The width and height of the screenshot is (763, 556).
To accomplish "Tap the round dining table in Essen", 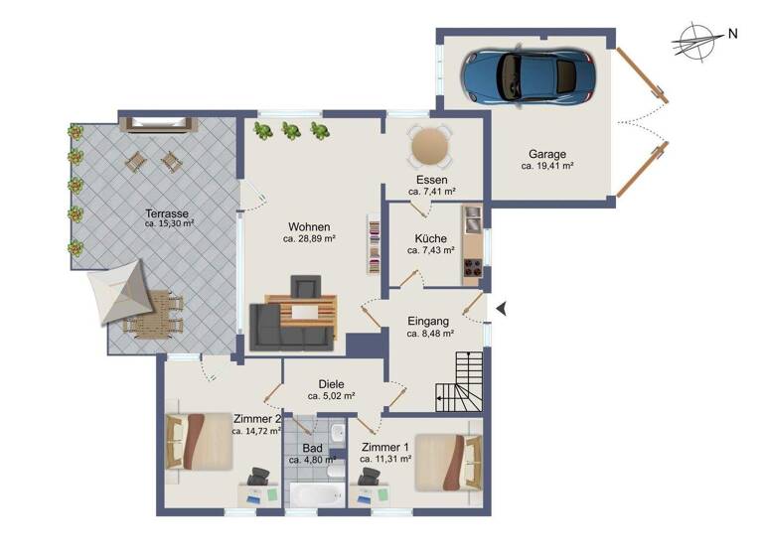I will [x=430, y=147].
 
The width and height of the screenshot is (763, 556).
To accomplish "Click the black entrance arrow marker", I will [x=502, y=310].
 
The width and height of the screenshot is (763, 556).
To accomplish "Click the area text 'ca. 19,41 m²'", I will [x=547, y=168].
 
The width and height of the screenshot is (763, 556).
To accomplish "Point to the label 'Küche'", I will [x=430, y=238].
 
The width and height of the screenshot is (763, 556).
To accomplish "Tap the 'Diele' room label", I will [x=331, y=383].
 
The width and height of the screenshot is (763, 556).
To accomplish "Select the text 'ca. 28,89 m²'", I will [x=309, y=238].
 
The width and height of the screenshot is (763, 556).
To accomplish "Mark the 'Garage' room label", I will [x=547, y=154].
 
